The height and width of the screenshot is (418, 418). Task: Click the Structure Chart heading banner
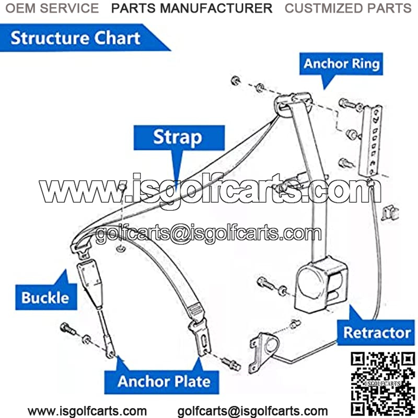76,38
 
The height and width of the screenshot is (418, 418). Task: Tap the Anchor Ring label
342,64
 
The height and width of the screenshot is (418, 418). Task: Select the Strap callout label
178,137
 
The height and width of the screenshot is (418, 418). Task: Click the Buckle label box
45,297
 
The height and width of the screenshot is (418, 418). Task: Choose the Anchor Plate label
164,381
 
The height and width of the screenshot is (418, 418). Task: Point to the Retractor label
377,332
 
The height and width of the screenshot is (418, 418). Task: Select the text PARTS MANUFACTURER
192,8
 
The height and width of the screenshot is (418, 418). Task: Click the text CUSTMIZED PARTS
347,8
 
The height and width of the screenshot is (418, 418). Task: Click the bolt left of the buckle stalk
67,329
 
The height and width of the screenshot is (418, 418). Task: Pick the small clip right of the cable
389,212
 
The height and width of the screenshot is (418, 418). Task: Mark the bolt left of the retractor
264,284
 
